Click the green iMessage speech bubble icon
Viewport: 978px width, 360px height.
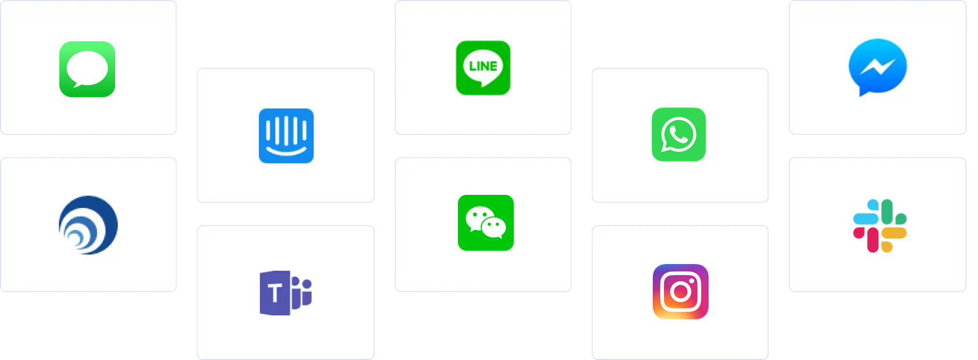[x=87, y=69]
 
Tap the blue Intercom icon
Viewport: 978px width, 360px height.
[x=286, y=136]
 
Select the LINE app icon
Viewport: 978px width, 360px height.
[x=483, y=67]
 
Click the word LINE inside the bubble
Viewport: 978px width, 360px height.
[x=483, y=66]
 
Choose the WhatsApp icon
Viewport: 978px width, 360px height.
[x=678, y=134]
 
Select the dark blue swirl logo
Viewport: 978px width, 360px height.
[x=88, y=224]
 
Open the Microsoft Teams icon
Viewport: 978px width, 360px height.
[x=286, y=293]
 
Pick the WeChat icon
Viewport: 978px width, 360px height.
[x=485, y=223]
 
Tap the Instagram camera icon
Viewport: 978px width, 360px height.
[x=680, y=291]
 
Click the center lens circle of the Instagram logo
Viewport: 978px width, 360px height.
[x=680, y=292]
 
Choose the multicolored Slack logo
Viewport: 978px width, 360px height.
[x=880, y=226]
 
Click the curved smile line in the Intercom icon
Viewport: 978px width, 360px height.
[x=286, y=151]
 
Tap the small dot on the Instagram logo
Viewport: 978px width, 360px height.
[x=692, y=280]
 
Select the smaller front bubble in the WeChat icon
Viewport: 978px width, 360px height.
[x=493, y=227]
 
